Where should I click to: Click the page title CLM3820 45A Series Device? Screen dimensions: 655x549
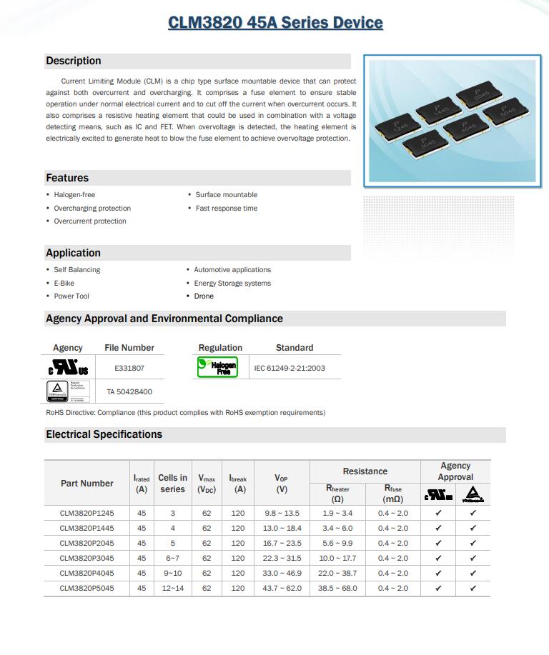coord(275,23)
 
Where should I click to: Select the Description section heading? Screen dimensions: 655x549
coord(74,61)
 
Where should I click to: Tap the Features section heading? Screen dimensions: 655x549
coord(67,178)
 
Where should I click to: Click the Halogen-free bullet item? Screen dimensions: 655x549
coord(74,195)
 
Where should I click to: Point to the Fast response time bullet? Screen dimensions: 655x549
coord(227,209)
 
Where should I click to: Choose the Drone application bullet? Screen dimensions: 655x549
coord(204,296)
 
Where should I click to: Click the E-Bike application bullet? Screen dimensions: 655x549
coord(64,284)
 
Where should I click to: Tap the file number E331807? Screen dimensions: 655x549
coord(129,369)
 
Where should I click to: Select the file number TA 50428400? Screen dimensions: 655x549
coord(129,391)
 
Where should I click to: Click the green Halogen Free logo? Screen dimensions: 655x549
coord(217,368)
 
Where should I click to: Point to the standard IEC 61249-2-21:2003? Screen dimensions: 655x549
coord(290,369)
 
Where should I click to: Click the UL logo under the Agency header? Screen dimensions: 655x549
coord(68,369)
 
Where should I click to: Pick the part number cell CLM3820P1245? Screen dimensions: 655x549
coord(86,513)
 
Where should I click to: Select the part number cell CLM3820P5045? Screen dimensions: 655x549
coord(86,588)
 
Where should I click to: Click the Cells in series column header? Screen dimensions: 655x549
coord(172,484)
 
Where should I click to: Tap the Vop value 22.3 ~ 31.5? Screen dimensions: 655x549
coord(282,558)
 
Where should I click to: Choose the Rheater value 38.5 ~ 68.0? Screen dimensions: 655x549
coord(337,588)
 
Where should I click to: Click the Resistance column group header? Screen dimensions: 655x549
coord(365,471)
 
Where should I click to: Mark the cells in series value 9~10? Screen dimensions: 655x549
coord(172,573)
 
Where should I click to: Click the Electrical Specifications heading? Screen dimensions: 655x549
coord(104,434)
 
